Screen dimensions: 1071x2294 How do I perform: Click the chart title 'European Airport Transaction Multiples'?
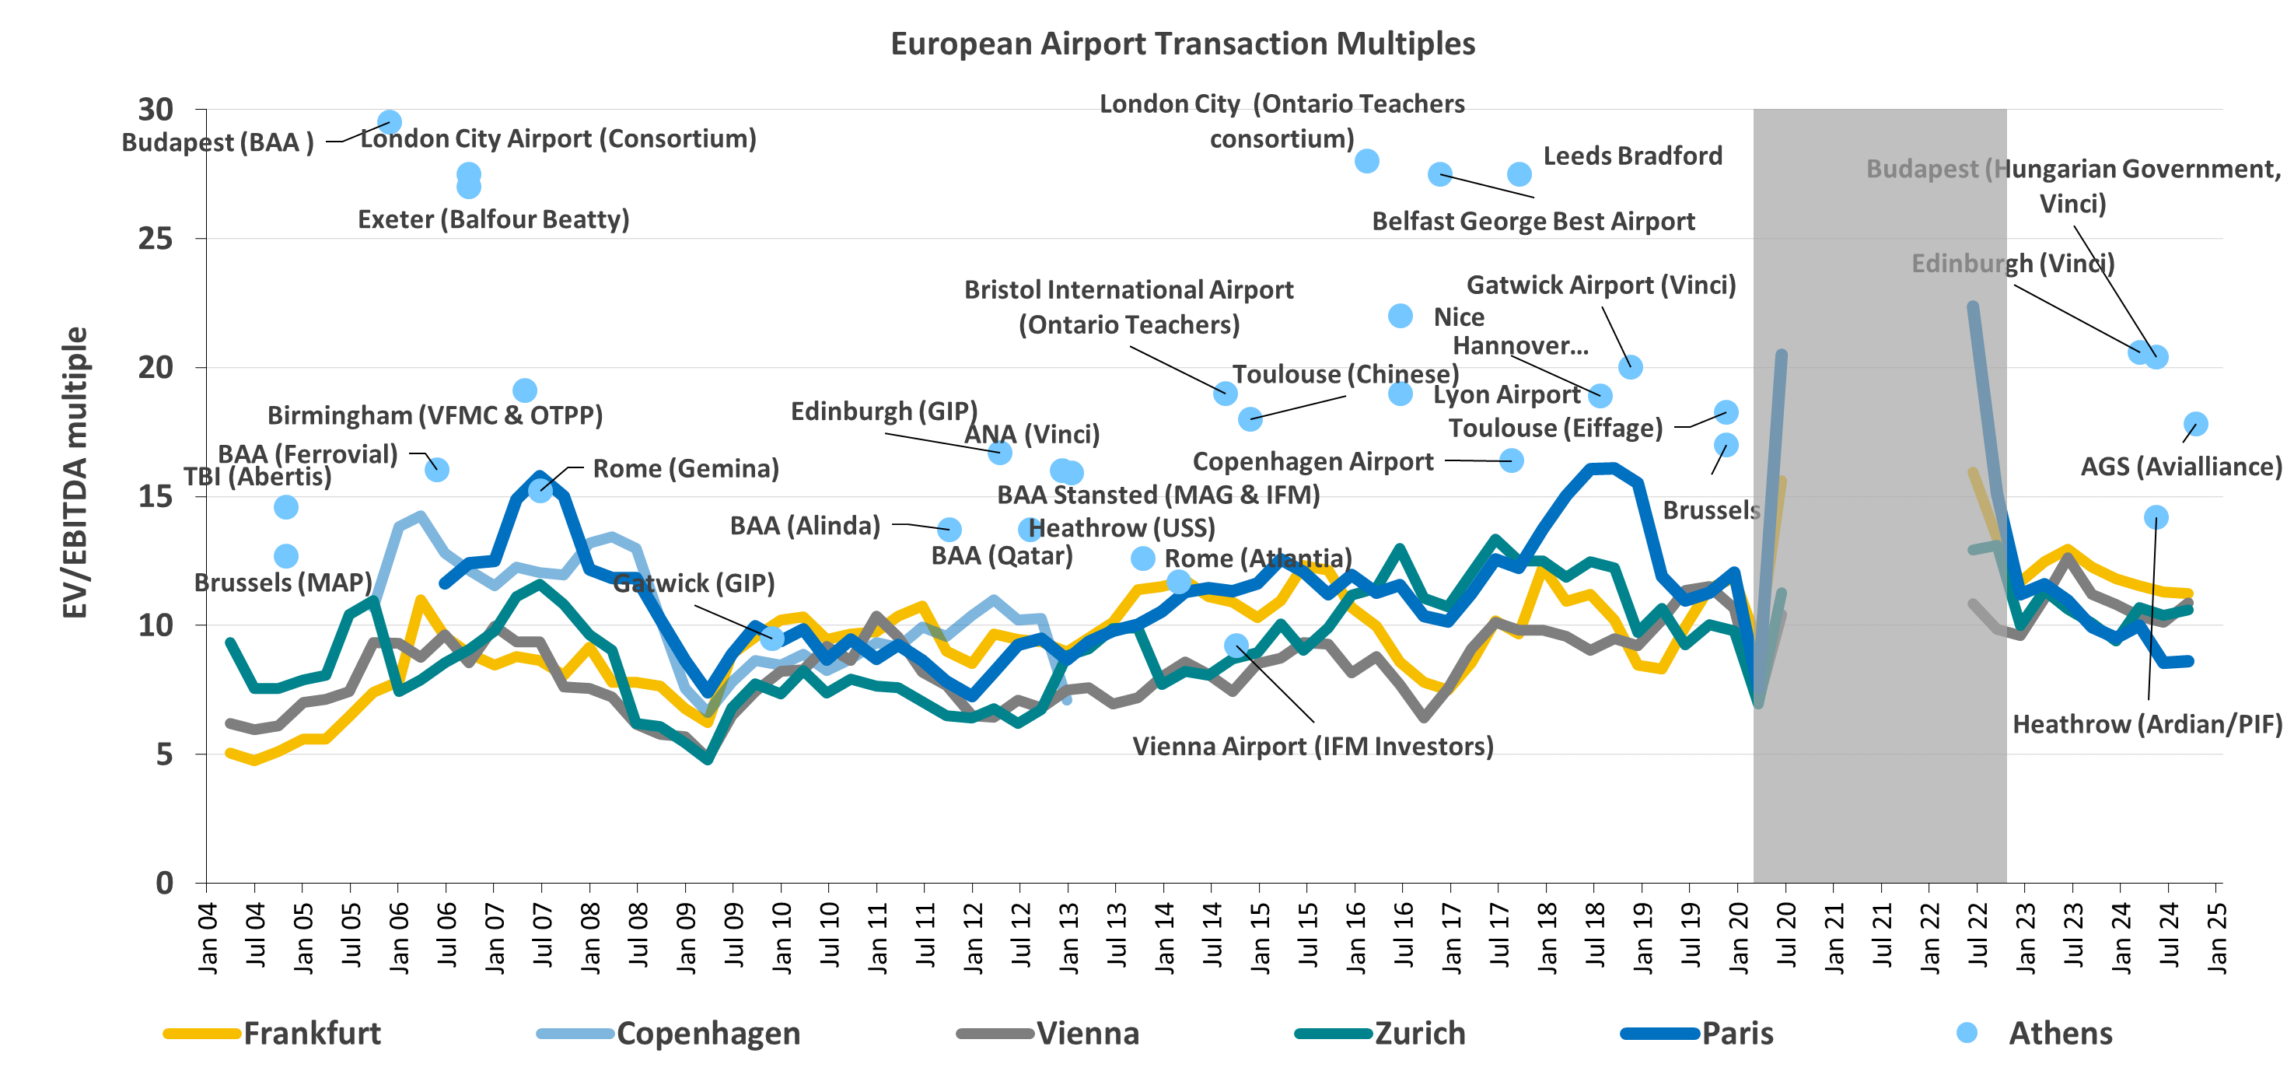(x=1182, y=44)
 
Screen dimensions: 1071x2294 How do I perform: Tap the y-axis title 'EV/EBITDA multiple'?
(x=75, y=472)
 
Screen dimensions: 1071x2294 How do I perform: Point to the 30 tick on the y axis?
(x=155, y=110)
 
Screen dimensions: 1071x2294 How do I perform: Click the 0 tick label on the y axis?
(x=164, y=883)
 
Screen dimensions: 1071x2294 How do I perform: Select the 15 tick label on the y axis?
(x=155, y=496)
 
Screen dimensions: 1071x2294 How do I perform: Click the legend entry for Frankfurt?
(x=312, y=1034)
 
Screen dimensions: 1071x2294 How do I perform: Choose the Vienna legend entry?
(x=1087, y=1034)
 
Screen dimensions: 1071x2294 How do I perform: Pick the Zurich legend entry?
(x=1419, y=1034)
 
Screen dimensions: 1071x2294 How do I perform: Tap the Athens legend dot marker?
(x=1967, y=1033)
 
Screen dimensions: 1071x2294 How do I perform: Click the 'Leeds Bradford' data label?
(x=1632, y=156)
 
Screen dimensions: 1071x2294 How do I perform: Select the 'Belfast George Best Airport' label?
(x=1533, y=221)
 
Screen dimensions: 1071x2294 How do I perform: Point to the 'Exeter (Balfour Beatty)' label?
(x=493, y=219)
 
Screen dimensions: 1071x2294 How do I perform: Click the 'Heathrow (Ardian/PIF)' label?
(x=2147, y=724)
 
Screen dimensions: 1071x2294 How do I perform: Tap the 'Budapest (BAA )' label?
(x=217, y=142)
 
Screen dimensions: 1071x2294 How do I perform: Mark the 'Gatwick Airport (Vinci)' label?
(x=1601, y=285)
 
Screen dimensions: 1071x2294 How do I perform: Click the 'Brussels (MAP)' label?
(x=282, y=583)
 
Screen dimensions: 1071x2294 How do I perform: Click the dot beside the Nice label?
(x=1400, y=317)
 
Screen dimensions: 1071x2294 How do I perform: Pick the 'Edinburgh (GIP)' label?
(x=883, y=411)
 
